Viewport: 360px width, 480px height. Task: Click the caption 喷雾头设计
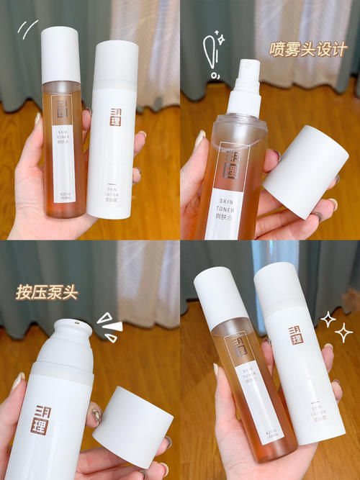click(308, 49)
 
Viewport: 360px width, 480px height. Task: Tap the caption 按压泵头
click(48, 293)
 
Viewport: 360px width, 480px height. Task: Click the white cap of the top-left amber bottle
click(60, 54)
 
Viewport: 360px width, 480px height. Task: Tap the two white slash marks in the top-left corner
click(28, 29)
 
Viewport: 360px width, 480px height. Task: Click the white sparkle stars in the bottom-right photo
click(337, 325)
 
